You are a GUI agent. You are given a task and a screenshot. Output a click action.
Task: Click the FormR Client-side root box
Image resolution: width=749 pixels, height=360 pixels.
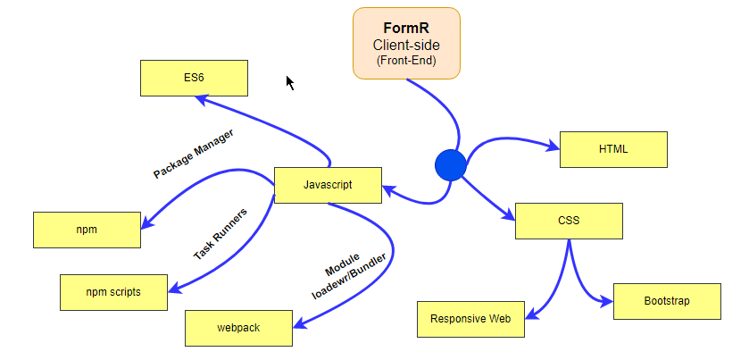click(406, 43)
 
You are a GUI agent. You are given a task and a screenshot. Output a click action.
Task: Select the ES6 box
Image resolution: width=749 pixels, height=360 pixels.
click(194, 78)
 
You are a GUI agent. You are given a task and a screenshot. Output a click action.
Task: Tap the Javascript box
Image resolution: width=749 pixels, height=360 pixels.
click(328, 185)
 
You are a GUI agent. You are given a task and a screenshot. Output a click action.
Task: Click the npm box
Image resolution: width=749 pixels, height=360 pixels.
click(87, 230)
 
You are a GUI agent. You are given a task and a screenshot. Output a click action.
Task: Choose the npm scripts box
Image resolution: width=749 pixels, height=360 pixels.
click(113, 292)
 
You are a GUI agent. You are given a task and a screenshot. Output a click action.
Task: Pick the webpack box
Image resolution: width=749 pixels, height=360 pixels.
click(238, 328)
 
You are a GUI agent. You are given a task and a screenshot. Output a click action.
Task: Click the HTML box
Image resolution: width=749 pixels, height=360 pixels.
click(613, 149)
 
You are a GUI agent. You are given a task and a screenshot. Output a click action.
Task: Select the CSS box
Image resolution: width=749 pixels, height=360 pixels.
click(569, 221)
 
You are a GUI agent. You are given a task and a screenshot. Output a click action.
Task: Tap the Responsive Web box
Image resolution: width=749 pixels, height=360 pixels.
click(470, 319)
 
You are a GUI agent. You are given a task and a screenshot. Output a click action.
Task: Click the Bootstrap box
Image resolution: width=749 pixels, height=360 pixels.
click(667, 301)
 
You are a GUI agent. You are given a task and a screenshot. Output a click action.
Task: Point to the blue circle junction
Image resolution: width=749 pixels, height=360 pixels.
click(451, 165)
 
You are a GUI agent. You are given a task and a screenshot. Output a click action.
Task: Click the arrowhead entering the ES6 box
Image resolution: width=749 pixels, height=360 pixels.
click(203, 99)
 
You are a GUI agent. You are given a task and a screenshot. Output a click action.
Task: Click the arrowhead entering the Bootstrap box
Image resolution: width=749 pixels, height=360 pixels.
click(607, 302)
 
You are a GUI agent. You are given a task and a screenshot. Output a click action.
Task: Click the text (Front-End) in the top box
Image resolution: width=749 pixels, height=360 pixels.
click(406, 61)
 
